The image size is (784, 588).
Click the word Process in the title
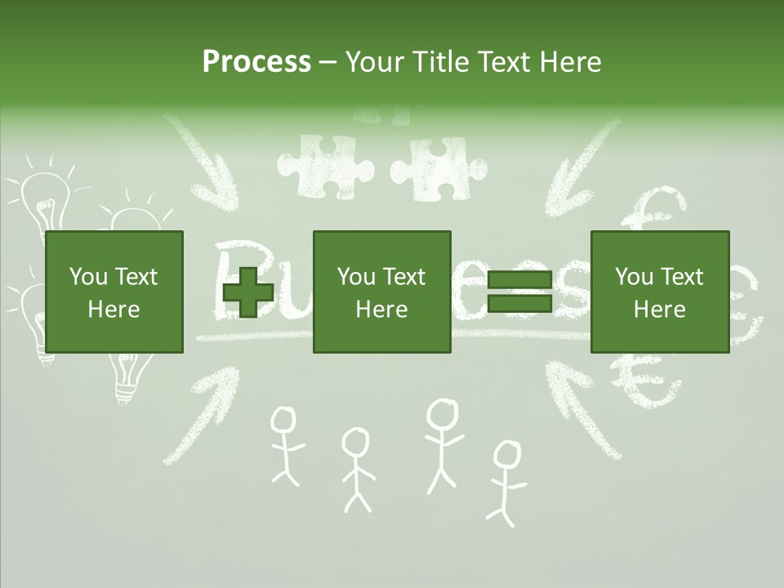[x=256, y=62]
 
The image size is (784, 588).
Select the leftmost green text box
[x=114, y=292]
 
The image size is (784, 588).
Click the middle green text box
[x=381, y=292]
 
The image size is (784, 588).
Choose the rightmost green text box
[x=659, y=292]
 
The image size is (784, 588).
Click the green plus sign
[x=248, y=292]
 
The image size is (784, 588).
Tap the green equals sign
[x=519, y=292]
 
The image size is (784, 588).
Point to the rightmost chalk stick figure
[x=506, y=482]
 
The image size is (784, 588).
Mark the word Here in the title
[x=571, y=62]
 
